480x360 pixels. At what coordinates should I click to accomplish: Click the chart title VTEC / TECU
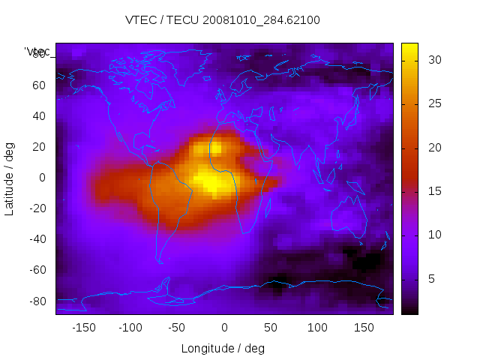tap(223, 20)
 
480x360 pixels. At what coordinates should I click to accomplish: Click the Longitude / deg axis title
tap(223, 348)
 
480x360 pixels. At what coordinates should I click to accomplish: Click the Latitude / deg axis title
tap(10, 177)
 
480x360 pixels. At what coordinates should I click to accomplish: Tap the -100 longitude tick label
tap(130, 328)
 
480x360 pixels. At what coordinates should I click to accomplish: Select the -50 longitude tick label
tap(177, 328)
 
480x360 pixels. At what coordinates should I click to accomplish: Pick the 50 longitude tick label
tap(271, 328)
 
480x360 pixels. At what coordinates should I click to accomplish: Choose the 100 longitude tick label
tap(318, 328)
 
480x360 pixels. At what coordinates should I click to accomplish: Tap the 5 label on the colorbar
tap(427, 279)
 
